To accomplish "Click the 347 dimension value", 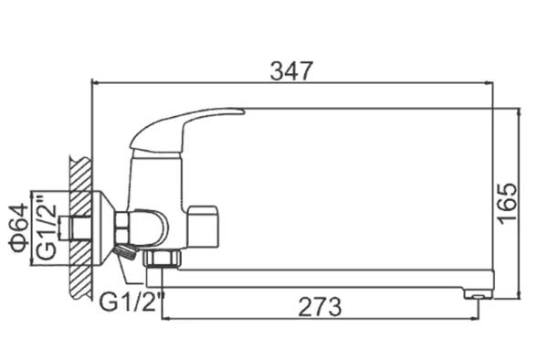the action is pos(290,71).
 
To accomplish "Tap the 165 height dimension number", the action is pos(507,203).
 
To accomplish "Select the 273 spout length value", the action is pos(321,307).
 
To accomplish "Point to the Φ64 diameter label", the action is pos(19,228).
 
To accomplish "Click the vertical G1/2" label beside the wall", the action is pos(47,228).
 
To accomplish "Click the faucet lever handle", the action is pos(186,131).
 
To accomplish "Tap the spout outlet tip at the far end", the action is pos(478,295).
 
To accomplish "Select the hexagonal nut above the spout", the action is pos(163,259).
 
